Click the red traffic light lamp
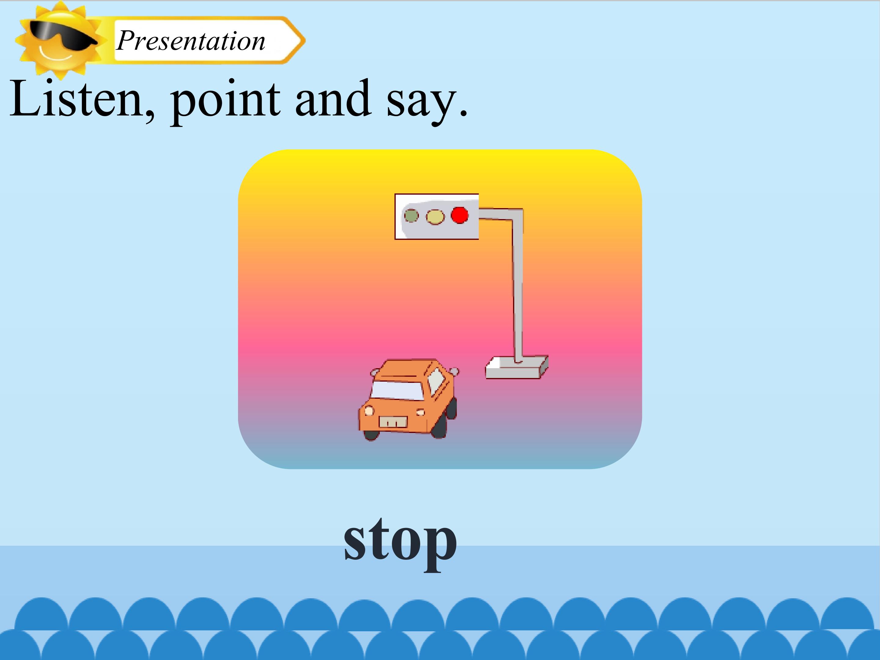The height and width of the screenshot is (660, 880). click(460, 215)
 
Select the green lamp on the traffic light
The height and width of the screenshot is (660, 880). click(411, 216)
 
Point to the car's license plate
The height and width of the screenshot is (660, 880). click(393, 422)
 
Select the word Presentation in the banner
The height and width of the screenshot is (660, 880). click(191, 41)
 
